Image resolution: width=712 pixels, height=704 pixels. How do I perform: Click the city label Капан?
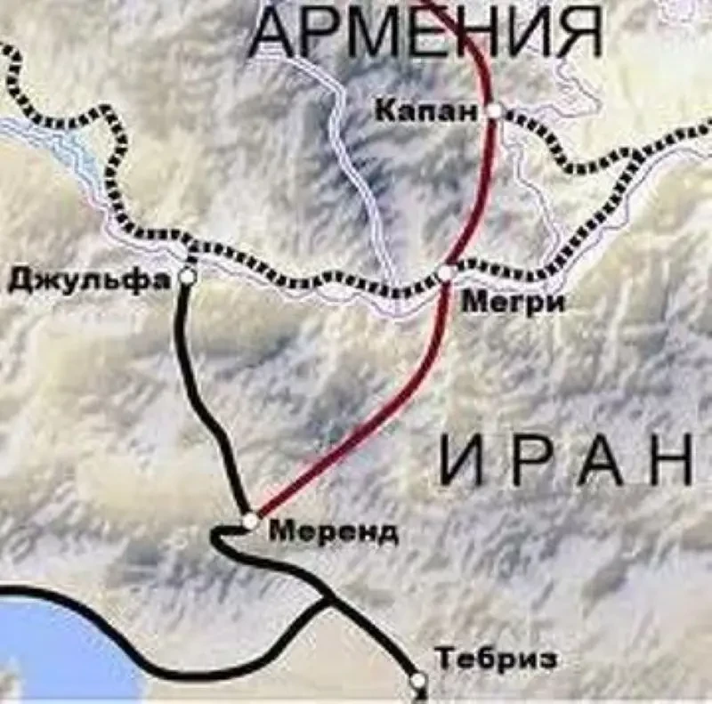(x=426, y=111)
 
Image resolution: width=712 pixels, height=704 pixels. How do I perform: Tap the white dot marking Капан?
(x=495, y=111)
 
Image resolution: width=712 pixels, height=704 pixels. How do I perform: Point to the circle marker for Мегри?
(x=447, y=271)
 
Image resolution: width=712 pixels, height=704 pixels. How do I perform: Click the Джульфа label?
(x=89, y=279)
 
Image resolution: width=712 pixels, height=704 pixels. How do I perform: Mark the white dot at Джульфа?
(x=187, y=277)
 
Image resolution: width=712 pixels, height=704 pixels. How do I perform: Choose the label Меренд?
(x=334, y=532)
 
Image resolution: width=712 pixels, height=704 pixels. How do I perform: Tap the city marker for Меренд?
(x=251, y=520)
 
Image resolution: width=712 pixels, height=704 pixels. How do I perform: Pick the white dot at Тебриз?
(x=418, y=681)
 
